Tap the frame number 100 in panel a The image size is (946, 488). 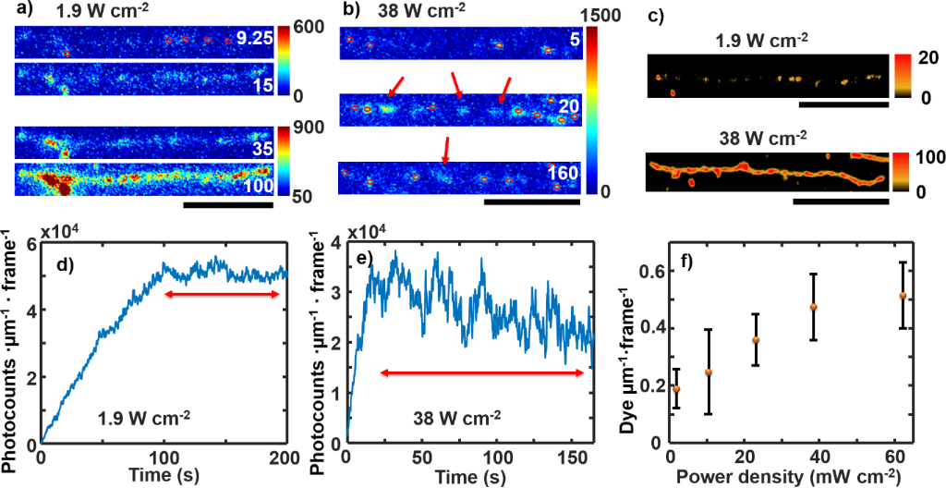256,186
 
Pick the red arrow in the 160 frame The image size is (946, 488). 446,149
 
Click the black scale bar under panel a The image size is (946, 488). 229,204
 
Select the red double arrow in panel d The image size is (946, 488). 222,294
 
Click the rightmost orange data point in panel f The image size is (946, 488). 903,296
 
